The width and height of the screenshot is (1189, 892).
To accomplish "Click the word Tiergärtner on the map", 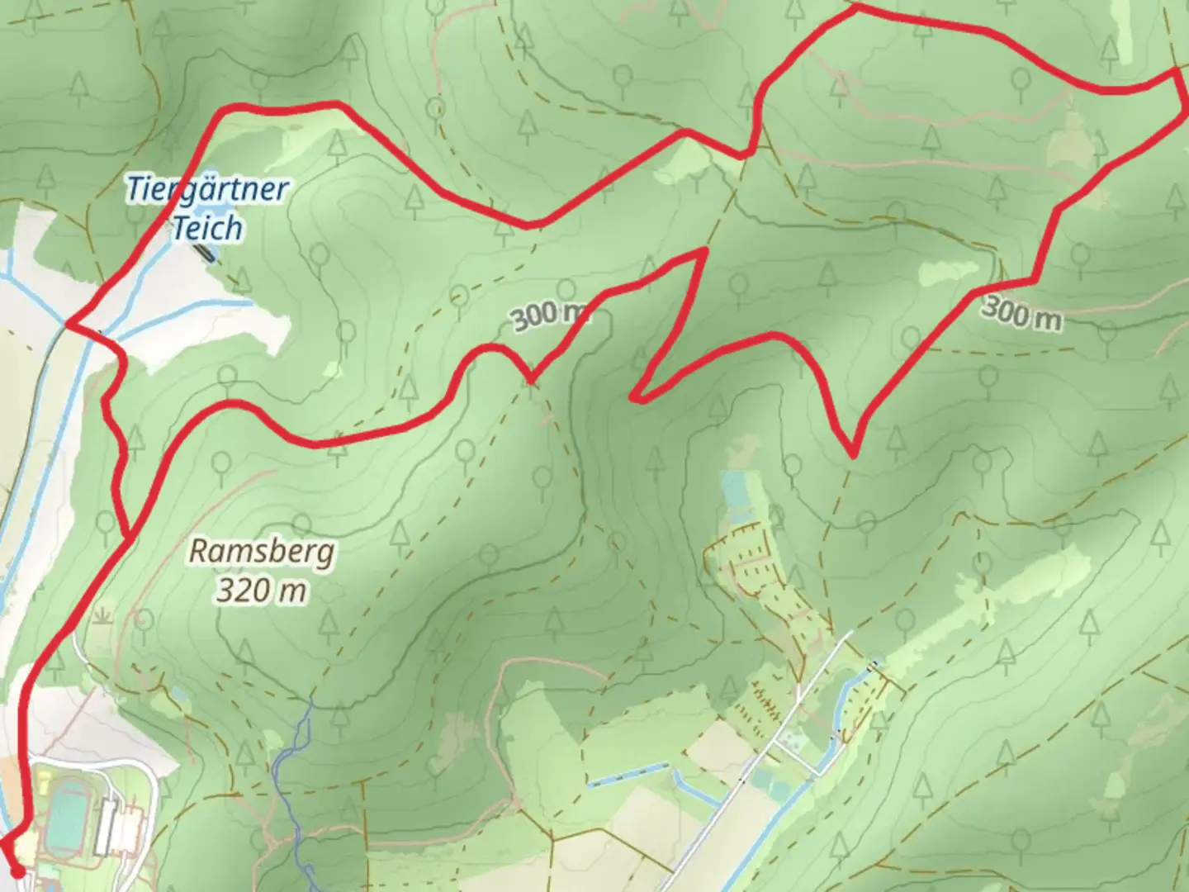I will click(207, 189).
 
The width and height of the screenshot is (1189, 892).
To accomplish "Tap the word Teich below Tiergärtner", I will click(207, 227).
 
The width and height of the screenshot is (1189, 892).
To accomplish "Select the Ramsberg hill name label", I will click(262, 551).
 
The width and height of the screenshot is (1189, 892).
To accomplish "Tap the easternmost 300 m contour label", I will click(1021, 313).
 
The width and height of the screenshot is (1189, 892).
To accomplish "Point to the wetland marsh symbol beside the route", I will click(103, 616).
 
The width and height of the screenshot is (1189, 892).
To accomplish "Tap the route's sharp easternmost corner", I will click(1176, 72).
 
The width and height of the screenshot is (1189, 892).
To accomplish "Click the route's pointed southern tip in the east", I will click(852, 453).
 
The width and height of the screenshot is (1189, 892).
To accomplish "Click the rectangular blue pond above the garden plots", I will click(733, 488).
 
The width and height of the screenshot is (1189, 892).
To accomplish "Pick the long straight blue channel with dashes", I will click(627, 775).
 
